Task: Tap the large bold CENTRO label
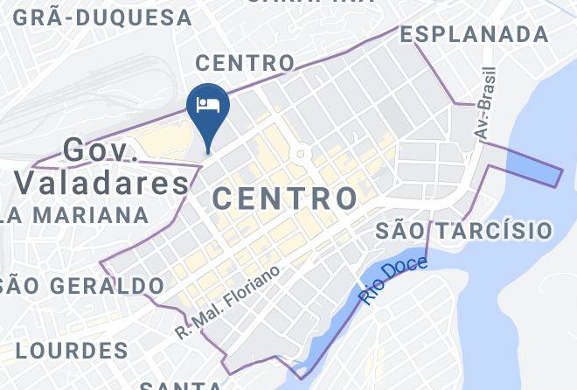(x=286, y=198)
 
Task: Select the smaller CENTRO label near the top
(x=245, y=63)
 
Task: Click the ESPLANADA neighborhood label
(x=474, y=34)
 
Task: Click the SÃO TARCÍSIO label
(x=464, y=230)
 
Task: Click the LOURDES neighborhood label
(x=72, y=351)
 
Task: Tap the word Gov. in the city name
(x=102, y=151)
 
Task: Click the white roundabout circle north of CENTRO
(x=301, y=156)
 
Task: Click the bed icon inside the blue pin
(x=208, y=105)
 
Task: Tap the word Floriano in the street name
(x=254, y=285)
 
